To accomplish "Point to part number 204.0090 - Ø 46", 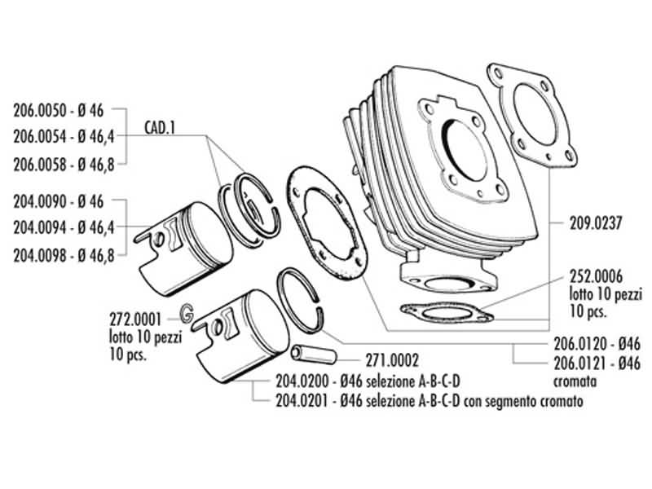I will point(59,200).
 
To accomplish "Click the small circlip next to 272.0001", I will point(187,312).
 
